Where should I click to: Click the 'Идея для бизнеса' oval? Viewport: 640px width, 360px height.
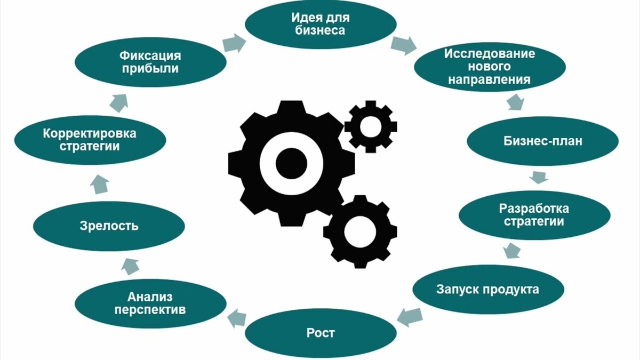coord(321,24)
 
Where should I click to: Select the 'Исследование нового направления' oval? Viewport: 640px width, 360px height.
coord(490,67)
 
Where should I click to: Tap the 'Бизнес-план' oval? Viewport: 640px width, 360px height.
coord(542,141)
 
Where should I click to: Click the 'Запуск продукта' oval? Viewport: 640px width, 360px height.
coord(487,290)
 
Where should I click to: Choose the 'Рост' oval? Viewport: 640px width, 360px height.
coord(321,333)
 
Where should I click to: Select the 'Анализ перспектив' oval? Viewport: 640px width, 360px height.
coord(150,303)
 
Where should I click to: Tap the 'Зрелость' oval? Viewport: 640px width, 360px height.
coord(109,226)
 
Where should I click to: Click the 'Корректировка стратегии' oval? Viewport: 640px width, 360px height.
coord(90,140)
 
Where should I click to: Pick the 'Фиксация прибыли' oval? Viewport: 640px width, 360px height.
coord(149,62)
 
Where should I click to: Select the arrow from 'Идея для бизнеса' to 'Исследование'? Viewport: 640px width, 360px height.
coord(403,45)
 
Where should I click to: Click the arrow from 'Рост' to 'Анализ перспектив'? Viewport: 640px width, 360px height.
coord(236,318)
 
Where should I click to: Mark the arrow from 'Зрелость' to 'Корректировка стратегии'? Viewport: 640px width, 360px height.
coord(99,184)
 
